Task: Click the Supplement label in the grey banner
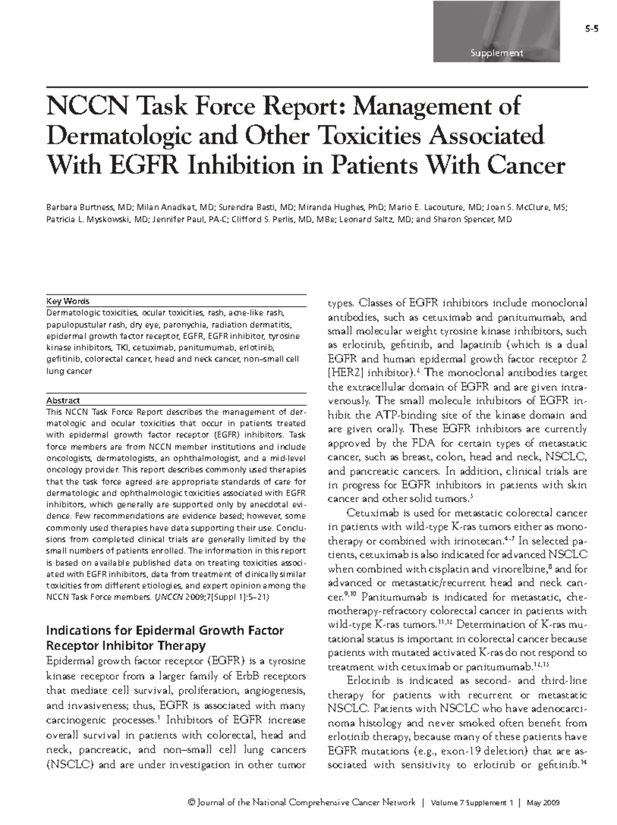(495, 53)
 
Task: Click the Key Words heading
(68, 302)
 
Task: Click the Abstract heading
(63, 400)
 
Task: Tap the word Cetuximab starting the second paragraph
(369, 513)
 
